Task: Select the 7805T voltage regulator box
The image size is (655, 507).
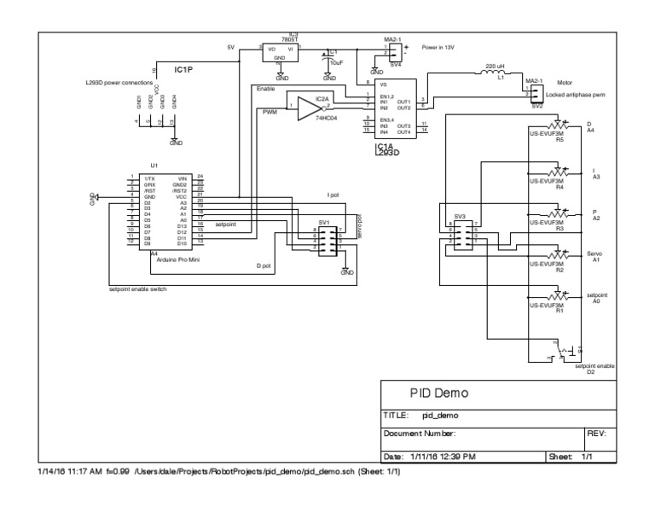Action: point(281,53)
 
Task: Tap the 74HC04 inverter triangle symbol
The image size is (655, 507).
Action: point(308,108)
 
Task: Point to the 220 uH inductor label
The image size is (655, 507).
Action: point(496,66)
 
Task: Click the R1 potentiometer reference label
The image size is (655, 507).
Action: point(560,311)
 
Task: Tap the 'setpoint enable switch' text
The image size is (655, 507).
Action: point(137,289)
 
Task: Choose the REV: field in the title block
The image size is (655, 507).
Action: point(596,434)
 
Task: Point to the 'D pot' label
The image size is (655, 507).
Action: point(264,266)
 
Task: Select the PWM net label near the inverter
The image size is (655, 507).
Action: point(270,112)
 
